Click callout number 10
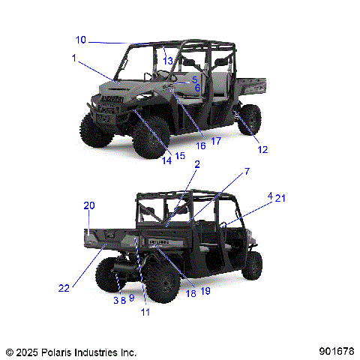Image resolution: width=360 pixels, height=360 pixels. click(x=81, y=40)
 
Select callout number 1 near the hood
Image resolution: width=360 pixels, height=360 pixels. click(x=74, y=57)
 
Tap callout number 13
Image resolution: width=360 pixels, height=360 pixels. click(x=168, y=60)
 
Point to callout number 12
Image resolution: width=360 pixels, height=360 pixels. click(x=262, y=149)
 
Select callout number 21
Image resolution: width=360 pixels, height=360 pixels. click(x=280, y=198)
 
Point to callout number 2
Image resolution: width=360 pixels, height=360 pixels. click(x=196, y=164)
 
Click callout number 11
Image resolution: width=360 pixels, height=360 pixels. click(x=145, y=311)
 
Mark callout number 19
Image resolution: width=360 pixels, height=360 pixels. click(x=205, y=292)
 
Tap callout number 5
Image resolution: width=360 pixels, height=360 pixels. click(x=194, y=79)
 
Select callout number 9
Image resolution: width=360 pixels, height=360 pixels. click(x=131, y=298)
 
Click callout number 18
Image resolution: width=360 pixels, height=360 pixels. click(x=190, y=292)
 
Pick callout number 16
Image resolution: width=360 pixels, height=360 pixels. click(x=201, y=145)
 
